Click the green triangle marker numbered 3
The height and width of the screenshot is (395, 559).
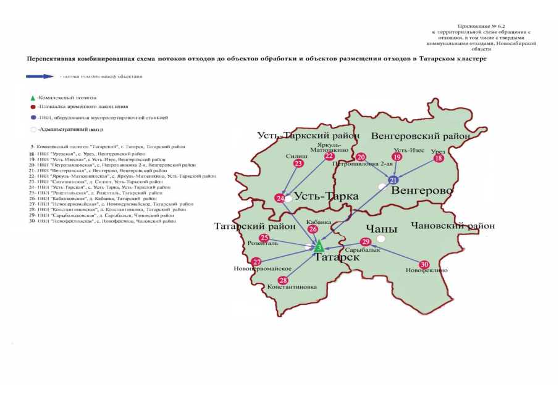pyautogui.click(x=319, y=247)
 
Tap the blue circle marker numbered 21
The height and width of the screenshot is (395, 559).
pyautogui.click(x=393, y=180)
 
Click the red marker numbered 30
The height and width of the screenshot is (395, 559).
pyautogui.click(x=424, y=264)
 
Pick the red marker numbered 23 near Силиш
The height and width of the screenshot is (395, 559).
pyautogui.click(x=298, y=164)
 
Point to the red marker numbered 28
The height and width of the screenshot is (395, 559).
pyautogui.click(x=284, y=280)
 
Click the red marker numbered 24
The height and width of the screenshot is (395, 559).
pyautogui.click(x=280, y=198)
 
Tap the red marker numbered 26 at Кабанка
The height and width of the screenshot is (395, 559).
pyautogui.click(x=313, y=229)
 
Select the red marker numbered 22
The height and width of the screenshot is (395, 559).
pyautogui.click(x=329, y=156)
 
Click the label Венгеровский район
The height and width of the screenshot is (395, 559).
pyautogui.click(x=420, y=136)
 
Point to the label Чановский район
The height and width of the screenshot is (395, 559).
pyautogui.click(x=453, y=226)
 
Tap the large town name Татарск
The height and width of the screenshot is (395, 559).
pyautogui.click(x=337, y=257)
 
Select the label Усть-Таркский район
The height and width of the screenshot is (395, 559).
pyautogui.click(x=300, y=136)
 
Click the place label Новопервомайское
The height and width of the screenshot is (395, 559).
pyautogui.click(x=262, y=269)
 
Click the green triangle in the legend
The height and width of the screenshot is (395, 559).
pyautogui.click(x=33, y=98)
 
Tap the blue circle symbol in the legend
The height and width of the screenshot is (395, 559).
pyautogui.click(x=33, y=117)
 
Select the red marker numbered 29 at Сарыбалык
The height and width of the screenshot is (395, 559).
pyautogui.click(x=366, y=242)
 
